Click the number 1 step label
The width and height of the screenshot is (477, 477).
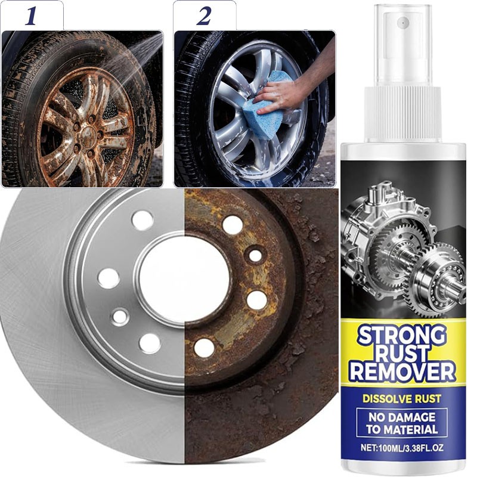[32, 16]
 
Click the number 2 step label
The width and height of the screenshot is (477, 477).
[203, 16]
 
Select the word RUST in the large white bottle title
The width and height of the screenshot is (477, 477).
[402, 354]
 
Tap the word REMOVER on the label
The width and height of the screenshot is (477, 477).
[402, 373]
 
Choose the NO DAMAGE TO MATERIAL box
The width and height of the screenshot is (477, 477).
[402, 423]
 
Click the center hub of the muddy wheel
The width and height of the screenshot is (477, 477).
[88, 132]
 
